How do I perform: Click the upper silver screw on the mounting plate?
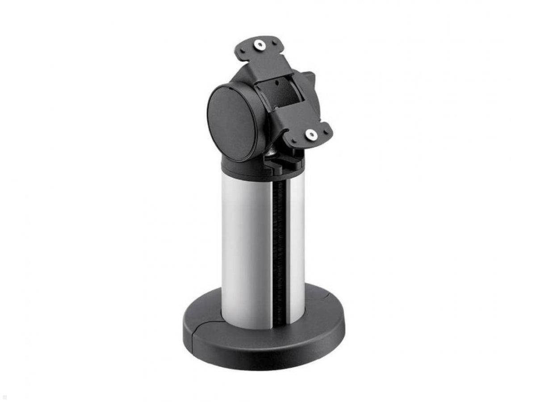[260, 44]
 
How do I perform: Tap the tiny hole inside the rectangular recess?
[277, 83]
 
